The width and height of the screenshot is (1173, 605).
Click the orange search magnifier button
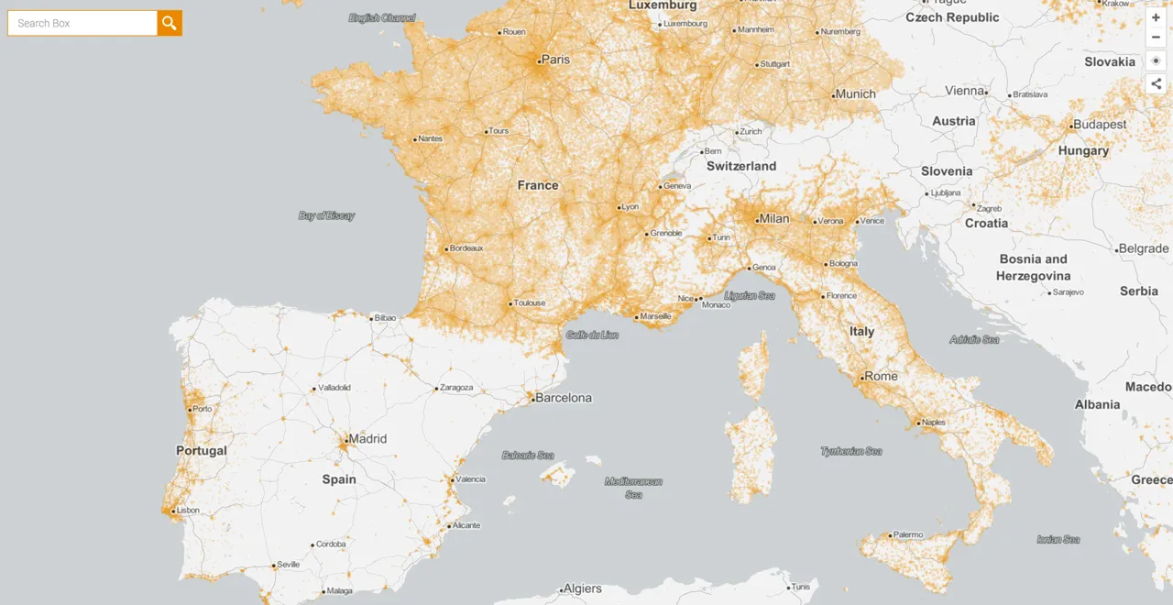point(170,23)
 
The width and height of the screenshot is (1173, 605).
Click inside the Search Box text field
point(82,23)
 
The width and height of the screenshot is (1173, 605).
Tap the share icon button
point(1156,83)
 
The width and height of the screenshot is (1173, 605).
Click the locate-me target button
point(1156,60)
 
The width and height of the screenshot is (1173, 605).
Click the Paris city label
point(555,60)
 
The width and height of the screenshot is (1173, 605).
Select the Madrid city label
point(367,439)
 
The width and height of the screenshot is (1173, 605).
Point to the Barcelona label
point(563,398)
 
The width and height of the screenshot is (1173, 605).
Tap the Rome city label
point(881,376)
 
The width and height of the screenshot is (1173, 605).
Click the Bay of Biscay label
point(326,216)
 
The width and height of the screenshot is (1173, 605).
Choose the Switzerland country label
point(741,166)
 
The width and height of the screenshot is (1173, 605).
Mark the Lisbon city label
point(188,511)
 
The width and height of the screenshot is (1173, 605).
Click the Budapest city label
point(1100,125)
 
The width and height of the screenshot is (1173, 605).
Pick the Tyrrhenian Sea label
point(851,451)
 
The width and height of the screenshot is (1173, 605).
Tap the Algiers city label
point(583,588)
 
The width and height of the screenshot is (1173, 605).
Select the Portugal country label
point(202,451)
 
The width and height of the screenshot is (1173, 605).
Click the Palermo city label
point(908,534)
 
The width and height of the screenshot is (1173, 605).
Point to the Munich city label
point(855,94)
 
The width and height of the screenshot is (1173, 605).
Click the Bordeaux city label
point(466,248)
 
